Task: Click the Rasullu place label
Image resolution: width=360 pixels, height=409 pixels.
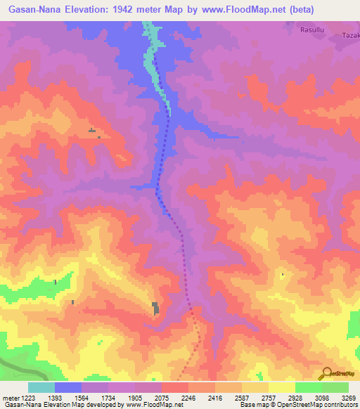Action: [312, 30]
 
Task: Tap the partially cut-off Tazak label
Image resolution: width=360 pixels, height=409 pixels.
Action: [351, 36]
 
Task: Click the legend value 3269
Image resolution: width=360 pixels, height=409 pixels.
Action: [349, 397]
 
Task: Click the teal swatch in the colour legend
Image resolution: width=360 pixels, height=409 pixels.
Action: [41, 387]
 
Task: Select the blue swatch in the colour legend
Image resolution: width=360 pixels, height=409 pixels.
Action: [68, 387]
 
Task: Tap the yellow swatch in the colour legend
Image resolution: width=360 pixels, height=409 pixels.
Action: [282, 387]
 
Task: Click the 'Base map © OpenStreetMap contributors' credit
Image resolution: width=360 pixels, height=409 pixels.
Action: [297, 405]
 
